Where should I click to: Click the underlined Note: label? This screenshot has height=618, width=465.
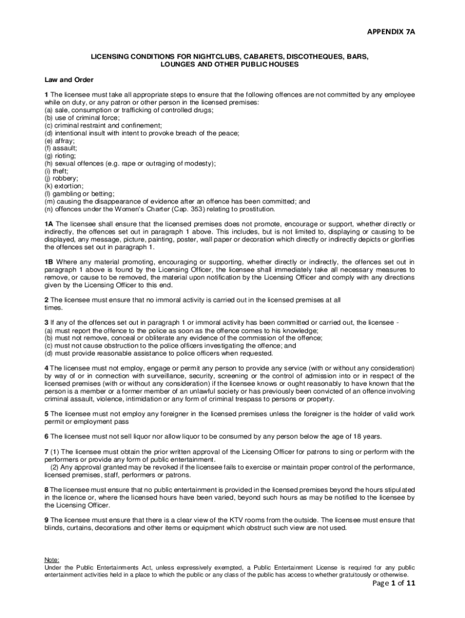point(52,560)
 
